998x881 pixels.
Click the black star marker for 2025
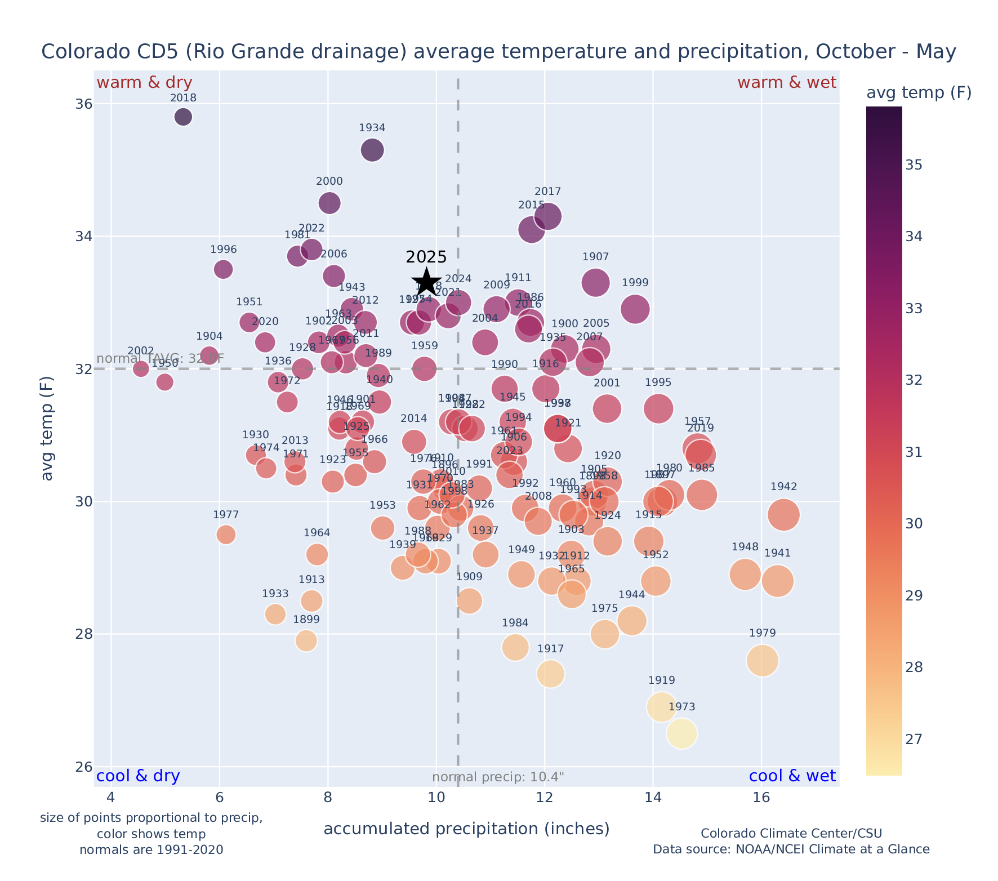(x=426, y=282)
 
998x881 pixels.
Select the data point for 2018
(x=183, y=117)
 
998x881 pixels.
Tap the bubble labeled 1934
(x=372, y=150)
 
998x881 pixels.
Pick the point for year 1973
(x=681, y=733)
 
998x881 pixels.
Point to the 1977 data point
(x=226, y=534)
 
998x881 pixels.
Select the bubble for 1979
(x=763, y=661)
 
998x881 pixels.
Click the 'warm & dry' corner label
(x=144, y=83)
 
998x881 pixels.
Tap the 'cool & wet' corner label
(x=792, y=776)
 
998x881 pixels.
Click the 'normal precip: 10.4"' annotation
(x=498, y=777)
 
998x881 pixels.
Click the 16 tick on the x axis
(x=761, y=798)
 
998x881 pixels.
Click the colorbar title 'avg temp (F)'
(x=919, y=93)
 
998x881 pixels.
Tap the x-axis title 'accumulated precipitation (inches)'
(x=466, y=829)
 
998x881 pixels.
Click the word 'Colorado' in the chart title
(x=77, y=52)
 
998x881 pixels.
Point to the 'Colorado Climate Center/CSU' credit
(x=791, y=833)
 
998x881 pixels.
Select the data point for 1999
(x=635, y=309)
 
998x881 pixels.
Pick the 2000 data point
(x=329, y=203)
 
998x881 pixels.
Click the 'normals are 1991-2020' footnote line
(x=151, y=849)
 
